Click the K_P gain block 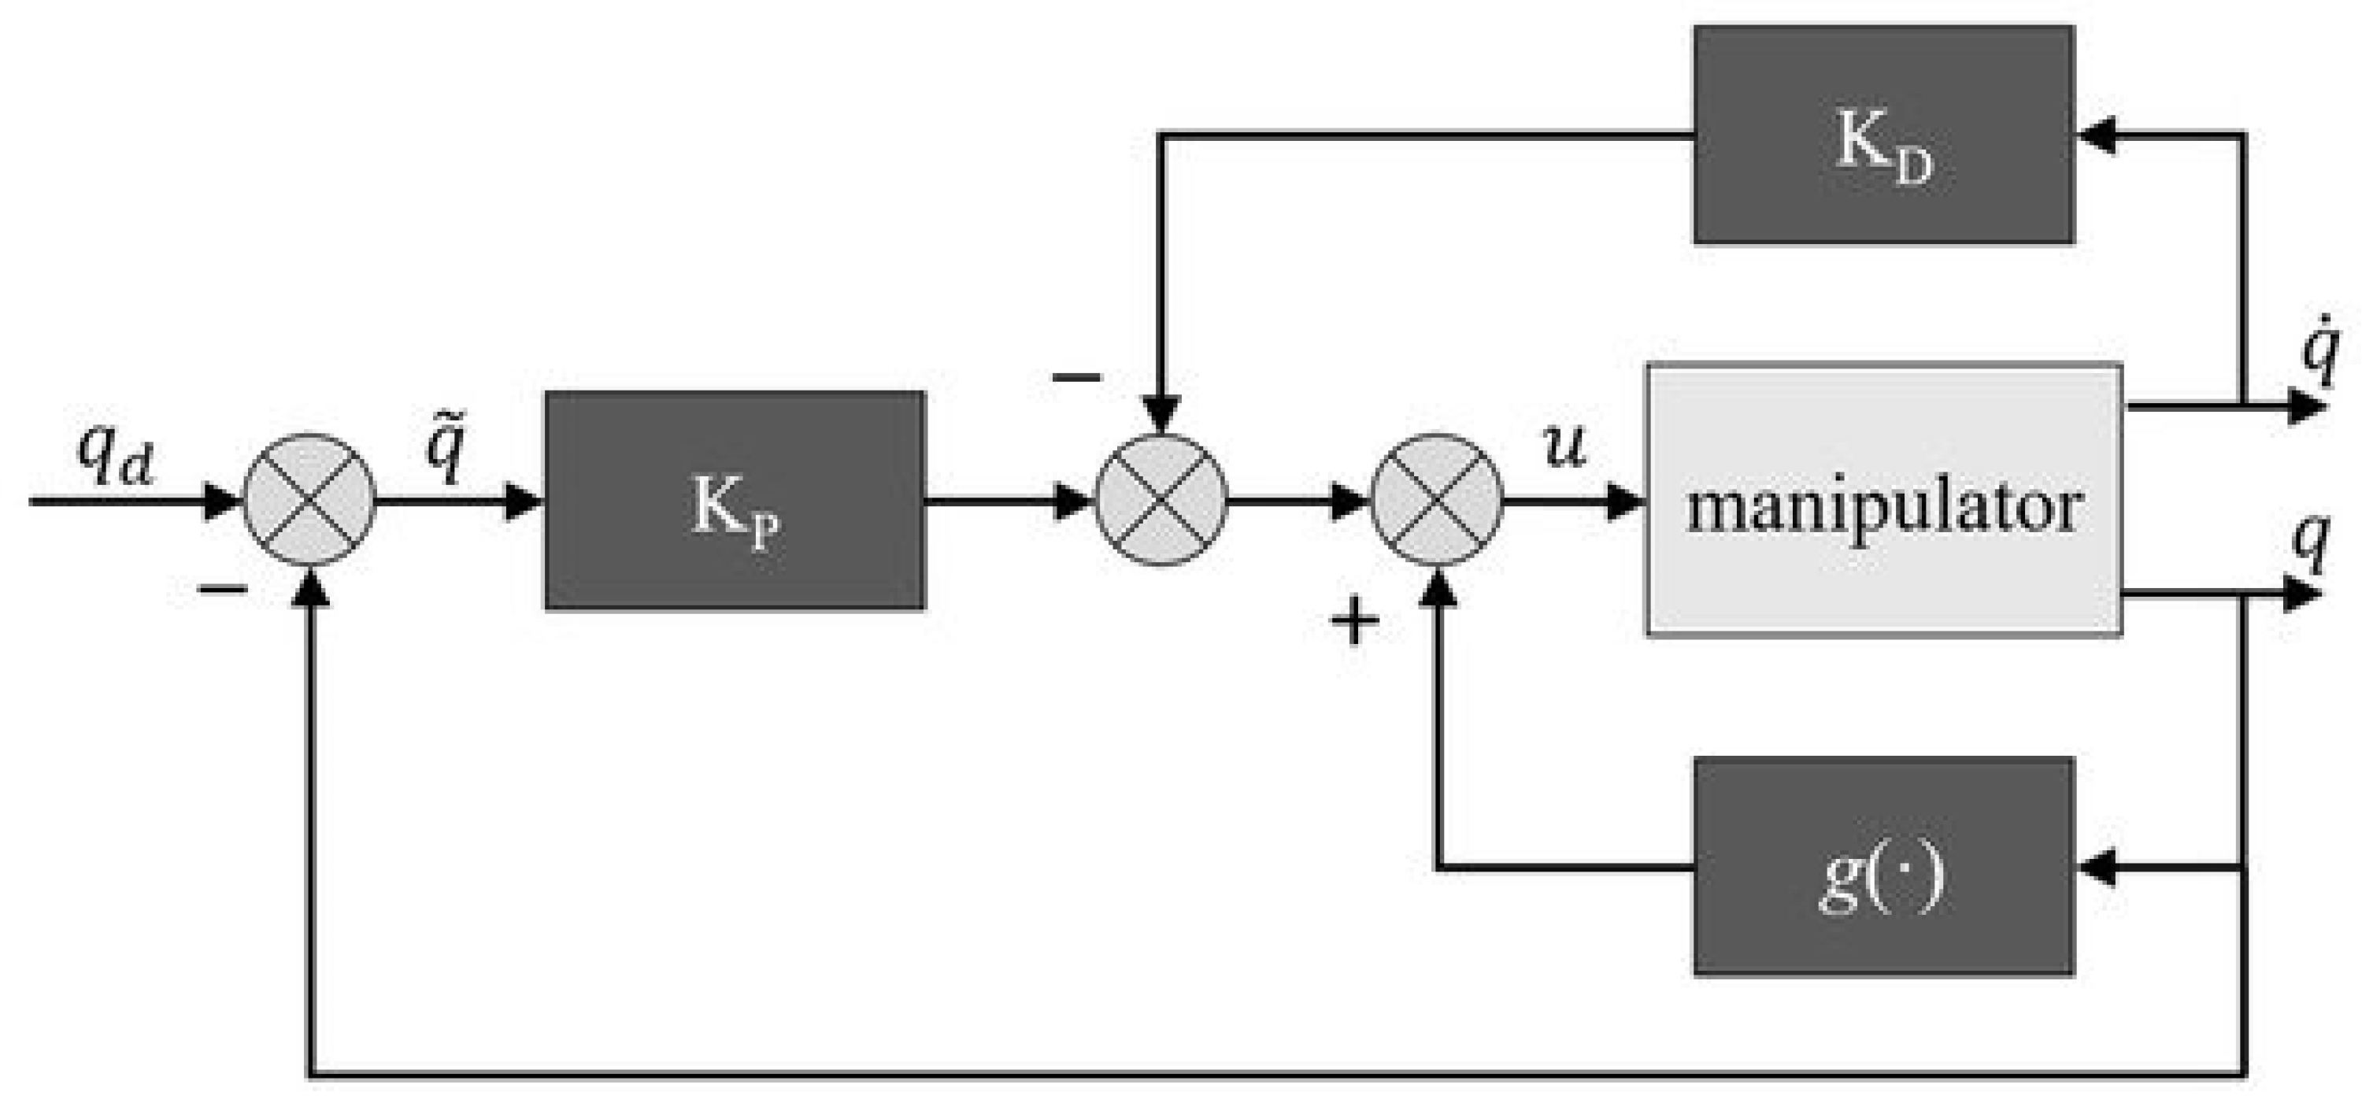(x=735, y=501)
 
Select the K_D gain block (x=1883, y=135)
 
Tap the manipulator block (x=1884, y=501)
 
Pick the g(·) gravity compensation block (x=1883, y=866)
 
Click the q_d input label (x=114, y=458)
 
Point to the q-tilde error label (x=449, y=449)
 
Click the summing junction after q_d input (x=309, y=501)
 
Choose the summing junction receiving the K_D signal (x=1161, y=501)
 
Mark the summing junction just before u (x=1437, y=501)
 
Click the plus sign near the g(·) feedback (x=1355, y=621)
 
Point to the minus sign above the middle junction (x=1077, y=376)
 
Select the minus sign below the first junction (x=224, y=590)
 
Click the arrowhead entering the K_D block (x=2097, y=135)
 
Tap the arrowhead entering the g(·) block (x=2097, y=867)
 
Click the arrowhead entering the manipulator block (x=1624, y=501)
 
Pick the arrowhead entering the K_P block (x=524, y=501)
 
